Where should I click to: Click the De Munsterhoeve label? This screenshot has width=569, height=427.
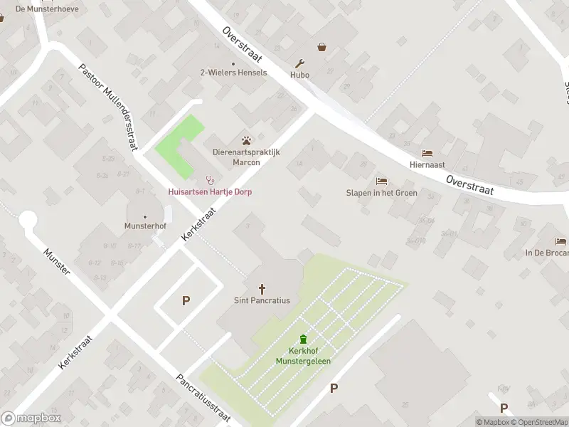[x=48, y=9]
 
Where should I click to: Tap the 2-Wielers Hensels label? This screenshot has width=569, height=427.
[x=233, y=73]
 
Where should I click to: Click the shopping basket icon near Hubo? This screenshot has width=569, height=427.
[x=322, y=47]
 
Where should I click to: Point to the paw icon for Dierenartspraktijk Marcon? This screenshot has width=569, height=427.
[x=246, y=140]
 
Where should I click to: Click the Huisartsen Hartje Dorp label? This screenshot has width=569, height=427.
[x=210, y=192]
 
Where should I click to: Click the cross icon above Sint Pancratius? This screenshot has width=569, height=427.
[x=262, y=288]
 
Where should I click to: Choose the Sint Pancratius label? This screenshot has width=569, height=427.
[x=262, y=300]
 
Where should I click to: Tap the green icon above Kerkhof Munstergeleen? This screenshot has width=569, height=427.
[x=304, y=339]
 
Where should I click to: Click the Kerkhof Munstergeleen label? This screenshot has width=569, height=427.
[x=304, y=356]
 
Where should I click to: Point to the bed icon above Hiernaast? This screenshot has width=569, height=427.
[x=427, y=153]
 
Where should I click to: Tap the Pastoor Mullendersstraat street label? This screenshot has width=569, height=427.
[x=107, y=107]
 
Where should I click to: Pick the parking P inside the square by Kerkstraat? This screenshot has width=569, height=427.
[x=186, y=300]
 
